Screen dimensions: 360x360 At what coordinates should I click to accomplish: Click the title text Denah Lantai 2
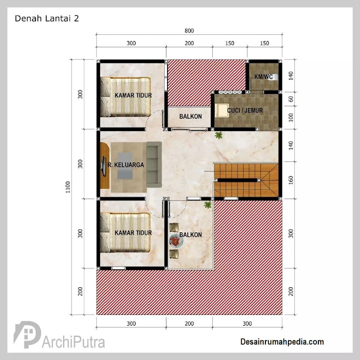coord(47,19)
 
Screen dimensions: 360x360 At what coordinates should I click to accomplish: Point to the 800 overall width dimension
coord(189,30)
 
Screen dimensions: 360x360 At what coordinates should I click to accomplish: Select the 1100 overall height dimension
coord(67,187)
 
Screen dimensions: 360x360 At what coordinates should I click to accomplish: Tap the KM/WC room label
coord(264,76)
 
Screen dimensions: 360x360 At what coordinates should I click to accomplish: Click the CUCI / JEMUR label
coord(245,110)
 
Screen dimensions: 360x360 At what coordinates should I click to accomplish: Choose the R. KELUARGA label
coord(126,165)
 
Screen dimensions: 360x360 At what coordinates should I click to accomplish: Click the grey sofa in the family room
coord(154,164)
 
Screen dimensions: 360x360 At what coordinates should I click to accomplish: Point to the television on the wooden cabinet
coord(103,166)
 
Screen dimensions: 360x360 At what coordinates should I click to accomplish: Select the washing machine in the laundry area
coord(221,110)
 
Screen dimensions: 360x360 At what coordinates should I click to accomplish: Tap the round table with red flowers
coord(176,241)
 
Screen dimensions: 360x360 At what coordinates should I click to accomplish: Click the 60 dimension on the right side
coord(291,99)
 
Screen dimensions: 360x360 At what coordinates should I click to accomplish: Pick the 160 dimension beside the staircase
coord(291,180)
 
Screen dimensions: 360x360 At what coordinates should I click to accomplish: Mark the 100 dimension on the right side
coord(291,118)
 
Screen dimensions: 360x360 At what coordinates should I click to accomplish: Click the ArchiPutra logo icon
coord(27,334)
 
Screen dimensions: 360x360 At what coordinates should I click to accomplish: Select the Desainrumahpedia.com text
coord(282,341)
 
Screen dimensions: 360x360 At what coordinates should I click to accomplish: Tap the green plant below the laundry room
coord(219,135)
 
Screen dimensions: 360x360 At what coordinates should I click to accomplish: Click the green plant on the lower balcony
coord(208,205)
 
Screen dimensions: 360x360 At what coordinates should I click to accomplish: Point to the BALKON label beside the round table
coord(191,235)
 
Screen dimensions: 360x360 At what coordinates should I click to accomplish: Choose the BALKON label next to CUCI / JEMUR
coord(191,116)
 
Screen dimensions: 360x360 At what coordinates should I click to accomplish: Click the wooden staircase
coord(246,180)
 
